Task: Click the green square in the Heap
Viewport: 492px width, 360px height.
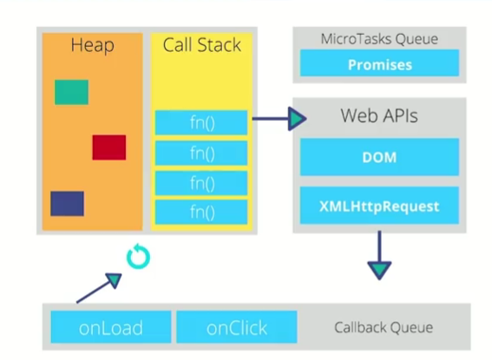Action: (71, 92)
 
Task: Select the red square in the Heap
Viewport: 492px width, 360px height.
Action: (109, 147)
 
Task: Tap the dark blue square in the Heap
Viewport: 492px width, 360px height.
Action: (67, 204)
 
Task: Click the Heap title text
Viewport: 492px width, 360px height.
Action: (93, 45)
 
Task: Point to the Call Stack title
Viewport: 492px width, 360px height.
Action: (202, 44)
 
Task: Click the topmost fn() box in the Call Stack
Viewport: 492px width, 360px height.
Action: (201, 122)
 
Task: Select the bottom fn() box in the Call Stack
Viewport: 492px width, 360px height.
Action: (201, 213)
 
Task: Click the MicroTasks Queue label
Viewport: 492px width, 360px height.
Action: (379, 39)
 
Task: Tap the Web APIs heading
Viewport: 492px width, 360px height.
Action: (379, 115)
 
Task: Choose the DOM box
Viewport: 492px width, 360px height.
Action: (379, 157)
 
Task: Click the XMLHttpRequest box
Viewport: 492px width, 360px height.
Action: (379, 206)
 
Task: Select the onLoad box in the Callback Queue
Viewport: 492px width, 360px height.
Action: (111, 327)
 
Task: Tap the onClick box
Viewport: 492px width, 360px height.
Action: (237, 327)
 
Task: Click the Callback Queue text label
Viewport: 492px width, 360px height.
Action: (384, 328)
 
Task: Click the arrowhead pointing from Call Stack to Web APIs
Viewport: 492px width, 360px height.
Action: (297, 119)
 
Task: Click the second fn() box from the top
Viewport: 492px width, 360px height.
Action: (201, 153)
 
